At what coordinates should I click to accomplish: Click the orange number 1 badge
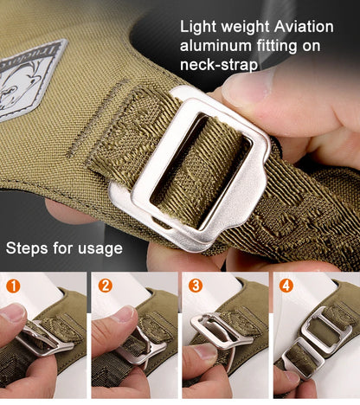[13, 286]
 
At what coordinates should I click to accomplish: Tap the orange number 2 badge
[106, 286]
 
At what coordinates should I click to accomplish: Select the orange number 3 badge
[196, 286]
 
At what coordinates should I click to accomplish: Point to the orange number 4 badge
[286, 286]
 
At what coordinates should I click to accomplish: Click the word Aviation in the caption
[304, 27]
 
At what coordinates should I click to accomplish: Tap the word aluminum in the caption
[215, 46]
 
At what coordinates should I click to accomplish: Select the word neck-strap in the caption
[219, 65]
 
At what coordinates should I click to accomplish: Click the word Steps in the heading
[27, 248]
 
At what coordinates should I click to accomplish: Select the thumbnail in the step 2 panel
[124, 314]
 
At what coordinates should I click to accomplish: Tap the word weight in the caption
[246, 28]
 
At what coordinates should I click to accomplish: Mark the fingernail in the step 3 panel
[205, 352]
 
